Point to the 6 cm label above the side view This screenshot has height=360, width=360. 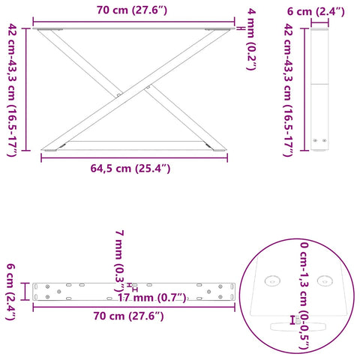[x=318, y=12]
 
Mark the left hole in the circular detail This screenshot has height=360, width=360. [x=272, y=280]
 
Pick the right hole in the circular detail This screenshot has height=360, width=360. [x=325, y=280]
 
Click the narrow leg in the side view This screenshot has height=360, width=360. [x=319, y=90]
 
